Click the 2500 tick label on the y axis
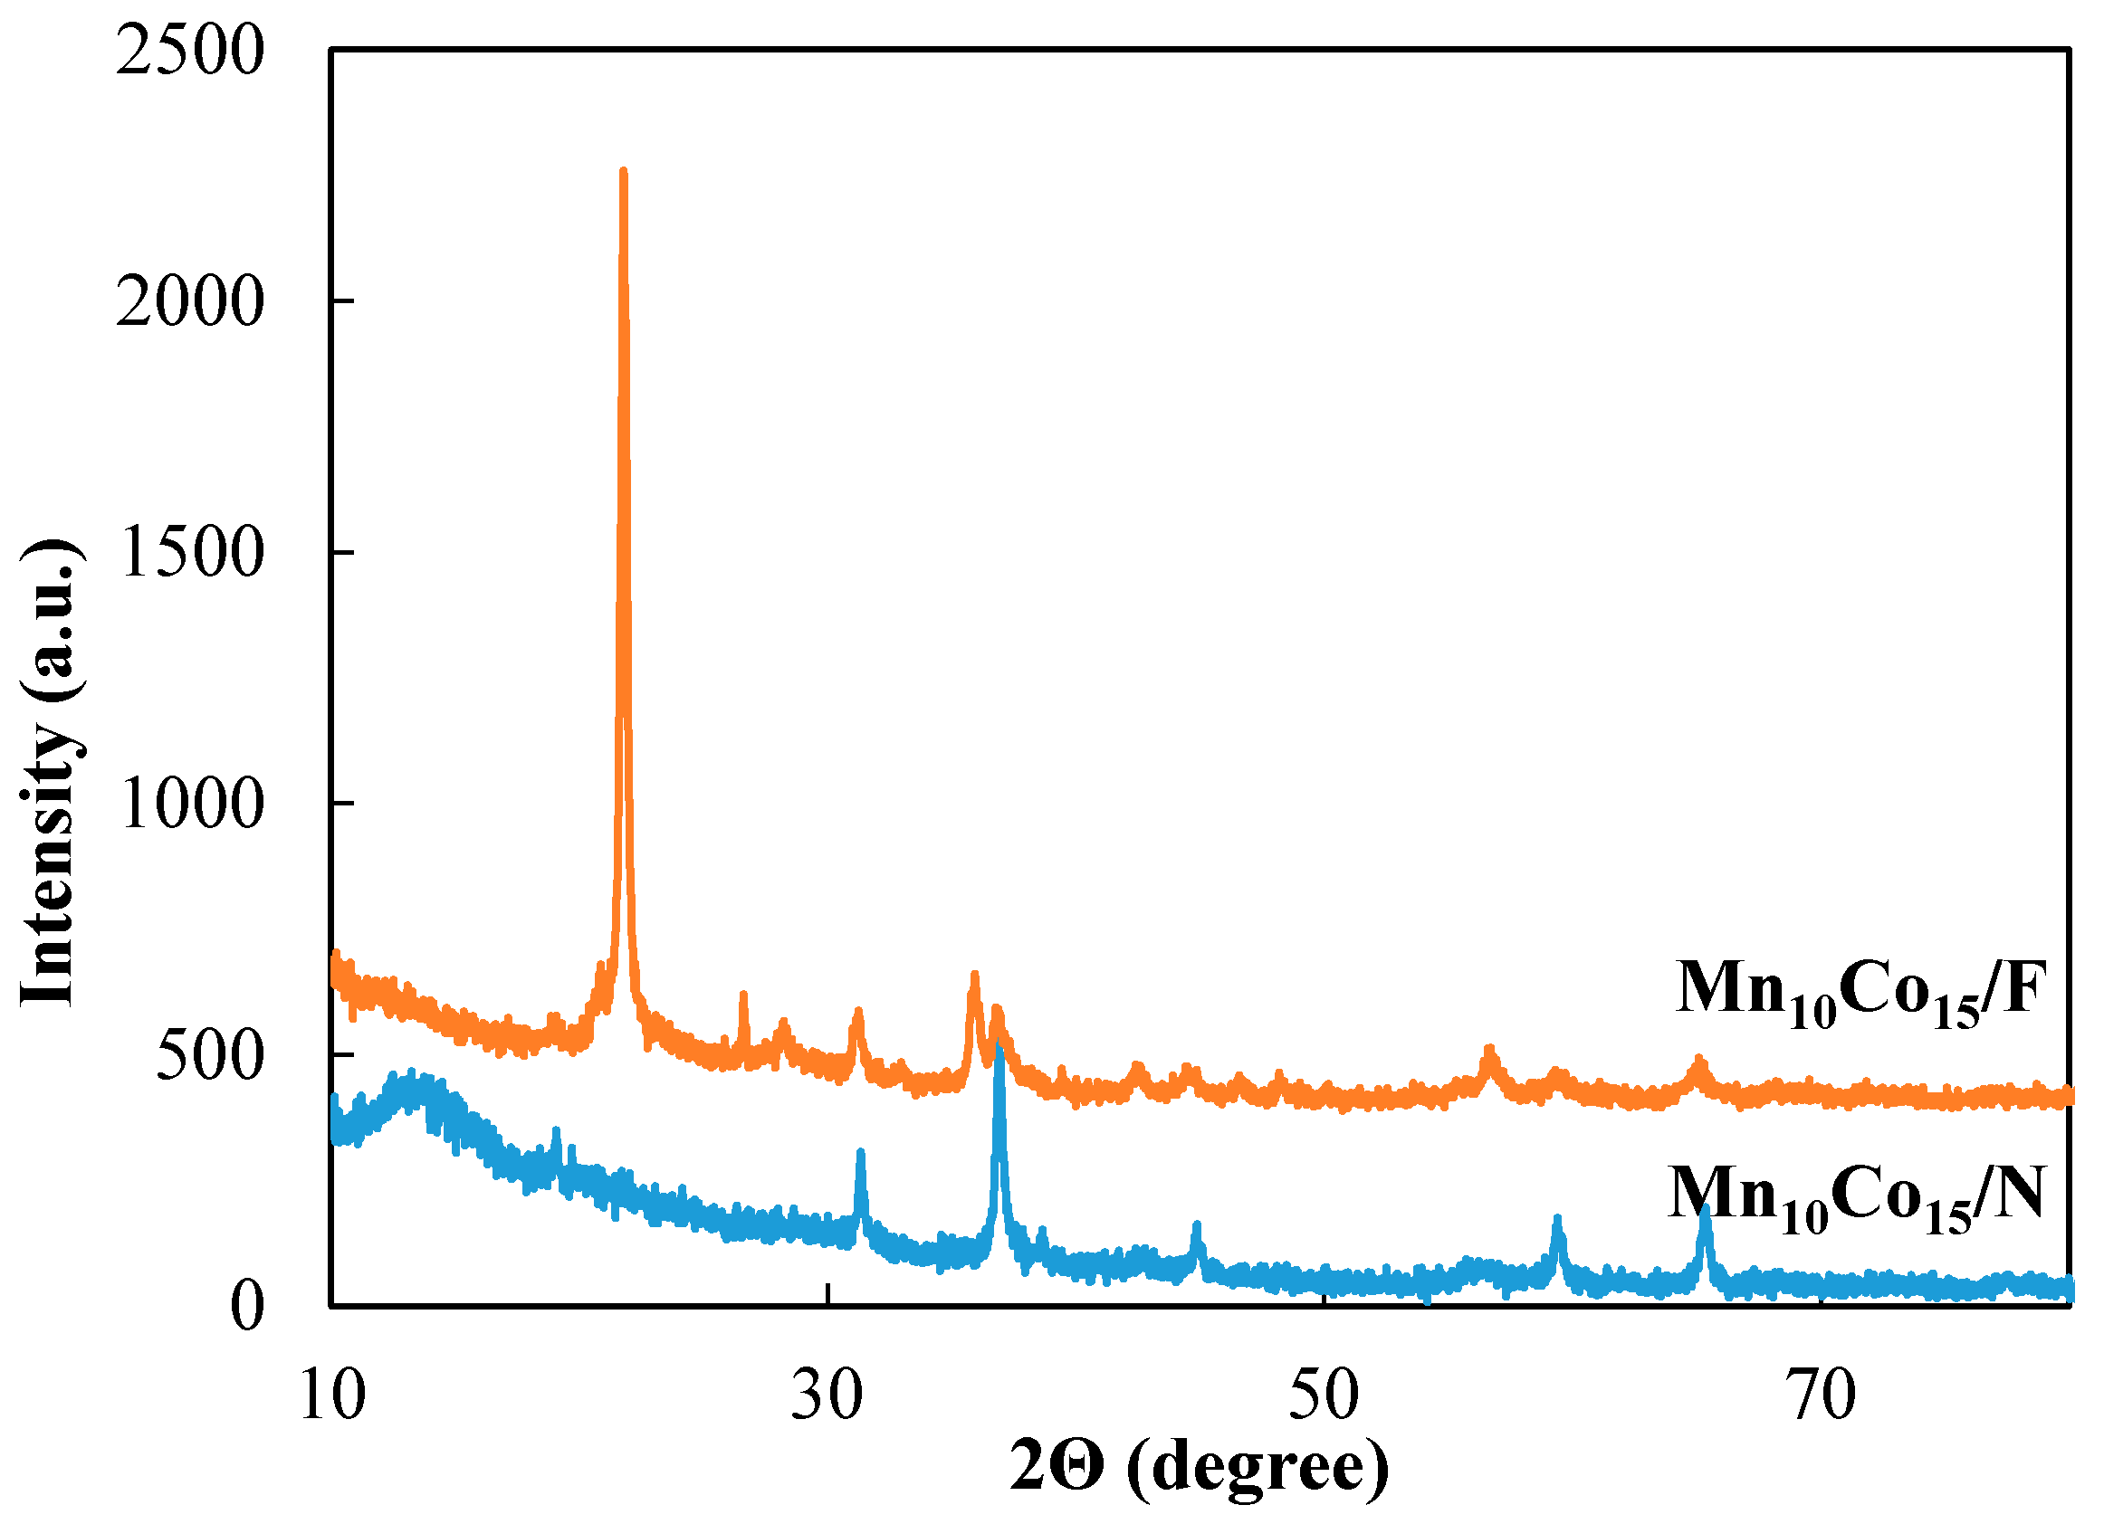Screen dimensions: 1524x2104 click(x=190, y=50)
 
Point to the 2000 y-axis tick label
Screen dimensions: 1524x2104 click(x=190, y=301)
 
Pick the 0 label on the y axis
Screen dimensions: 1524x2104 click(x=247, y=1307)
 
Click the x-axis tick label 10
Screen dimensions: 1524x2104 click(x=332, y=1395)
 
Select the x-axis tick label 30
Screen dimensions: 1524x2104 click(x=827, y=1395)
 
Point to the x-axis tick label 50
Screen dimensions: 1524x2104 click(x=1324, y=1395)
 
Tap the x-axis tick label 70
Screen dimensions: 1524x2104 click(x=1821, y=1395)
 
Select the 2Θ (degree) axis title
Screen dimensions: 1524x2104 click(x=1200, y=1466)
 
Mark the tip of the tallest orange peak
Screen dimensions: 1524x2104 click(x=624, y=172)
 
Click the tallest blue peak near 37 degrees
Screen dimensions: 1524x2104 click(x=999, y=1048)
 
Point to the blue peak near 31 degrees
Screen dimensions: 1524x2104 click(x=860, y=1153)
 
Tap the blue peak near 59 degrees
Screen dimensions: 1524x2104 click(x=1557, y=1219)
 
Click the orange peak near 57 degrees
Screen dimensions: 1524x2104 click(x=1490, y=1050)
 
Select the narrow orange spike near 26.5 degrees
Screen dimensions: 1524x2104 click(x=743, y=995)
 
